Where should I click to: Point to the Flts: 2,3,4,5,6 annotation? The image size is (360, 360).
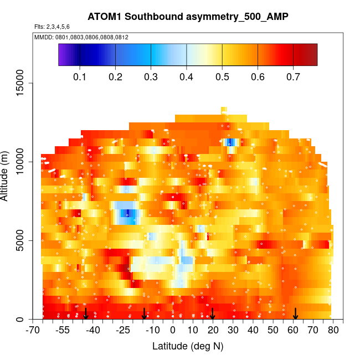pyautogui.click(x=52, y=27)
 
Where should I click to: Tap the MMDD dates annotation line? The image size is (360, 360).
pyautogui.click(x=81, y=37)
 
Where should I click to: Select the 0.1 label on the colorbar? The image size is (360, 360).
pyautogui.click(x=80, y=76)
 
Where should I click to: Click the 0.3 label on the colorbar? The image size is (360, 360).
pyautogui.click(x=151, y=76)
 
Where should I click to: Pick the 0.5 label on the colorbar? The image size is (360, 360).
pyautogui.click(x=222, y=76)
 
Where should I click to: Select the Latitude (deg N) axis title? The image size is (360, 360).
pyautogui.click(x=188, y=346)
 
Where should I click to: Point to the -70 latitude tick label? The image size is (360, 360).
pyautogui.click(x=34, y=331)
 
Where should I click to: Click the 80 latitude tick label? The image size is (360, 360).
pyautogui.click(x=333, y=331)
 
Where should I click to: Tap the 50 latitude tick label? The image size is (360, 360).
pyautogui.click(x=273, y=331)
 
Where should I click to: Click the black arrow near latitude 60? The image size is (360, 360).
pyautogui.click(x=296, y=313)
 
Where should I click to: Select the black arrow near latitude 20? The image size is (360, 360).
pyautogui.click(x=213, y=313)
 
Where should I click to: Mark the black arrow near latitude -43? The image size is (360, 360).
pyautogui.click(x=86, y=313)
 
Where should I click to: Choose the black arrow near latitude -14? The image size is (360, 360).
pyautogui.click(x=145, y=313)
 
